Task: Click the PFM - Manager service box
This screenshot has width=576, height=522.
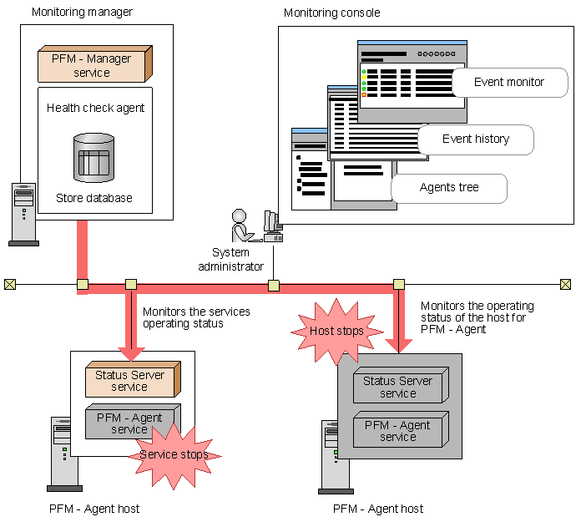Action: pyautogui.click(x=94, y=64)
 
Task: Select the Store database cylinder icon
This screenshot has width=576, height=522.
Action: pyautogui.click(x=93, y=159)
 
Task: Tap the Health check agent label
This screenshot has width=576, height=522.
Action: pyautogui.click(x=95, y=108)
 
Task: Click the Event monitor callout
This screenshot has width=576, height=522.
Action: pyautogui.click(x=509, y=83)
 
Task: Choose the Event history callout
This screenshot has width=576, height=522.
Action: pyautogui.click(x=476, y=139)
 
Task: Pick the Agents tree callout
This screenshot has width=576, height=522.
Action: pyautogui.click(x=449, y=188)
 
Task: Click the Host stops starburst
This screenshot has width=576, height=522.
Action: pyautogui.click(x=336, y=331)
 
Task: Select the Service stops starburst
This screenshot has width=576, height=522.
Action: pyautogui.click(x=174, y=455)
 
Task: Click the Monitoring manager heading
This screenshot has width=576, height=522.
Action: pyautogui.click(x=82, y=13)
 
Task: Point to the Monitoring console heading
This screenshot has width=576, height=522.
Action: pyautogui.click(x=331, y=13)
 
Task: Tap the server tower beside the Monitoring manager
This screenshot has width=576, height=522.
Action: pyautogui.click(x=23, y=213)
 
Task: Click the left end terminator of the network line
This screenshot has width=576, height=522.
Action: pyautogui.click(x=9, y=285)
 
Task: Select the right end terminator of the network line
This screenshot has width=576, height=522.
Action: pyautogui.click(x=565, y=285)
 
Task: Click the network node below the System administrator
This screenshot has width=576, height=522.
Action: pyautogui.click(x=273, y=285)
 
